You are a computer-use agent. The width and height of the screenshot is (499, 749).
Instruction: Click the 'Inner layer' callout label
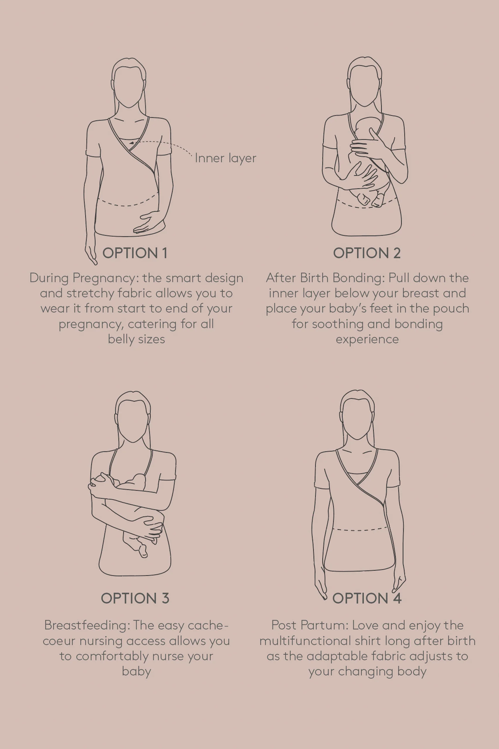[x=225, y=158]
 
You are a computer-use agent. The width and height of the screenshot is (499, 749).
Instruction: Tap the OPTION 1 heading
[x=135, y=253]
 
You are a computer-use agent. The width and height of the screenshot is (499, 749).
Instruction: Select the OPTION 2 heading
[x=367, y=253]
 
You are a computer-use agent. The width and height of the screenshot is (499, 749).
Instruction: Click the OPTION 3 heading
[x=135, y=598]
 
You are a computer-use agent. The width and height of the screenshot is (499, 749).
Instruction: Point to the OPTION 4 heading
[x=367, y=598]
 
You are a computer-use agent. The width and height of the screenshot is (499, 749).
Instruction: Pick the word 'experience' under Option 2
[x=367, y=340]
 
